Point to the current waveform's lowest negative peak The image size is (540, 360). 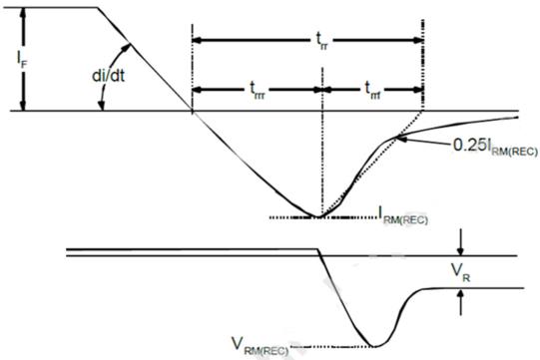[x=317, y=215]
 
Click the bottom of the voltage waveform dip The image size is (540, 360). [x=375, y=346]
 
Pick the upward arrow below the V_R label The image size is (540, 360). [x=462, y=295]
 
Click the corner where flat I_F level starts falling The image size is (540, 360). [x=97, y=9]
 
